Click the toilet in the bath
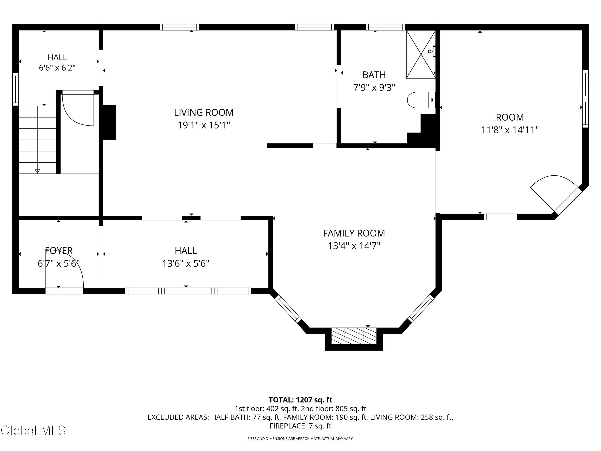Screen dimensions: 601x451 pyautogui.click(x=421, y=100)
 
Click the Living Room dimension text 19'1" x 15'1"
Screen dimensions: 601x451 pyautogui.click(x=204, y=125)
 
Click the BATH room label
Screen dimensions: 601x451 pyautogui.click(x=374, y=75)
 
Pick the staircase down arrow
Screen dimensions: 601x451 pyautogui.click(x=37, y=171)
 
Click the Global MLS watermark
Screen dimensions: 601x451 pyautogui.click(x=33, y=430)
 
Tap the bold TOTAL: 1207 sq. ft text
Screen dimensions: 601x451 pyautogui.click(x=300, y=400)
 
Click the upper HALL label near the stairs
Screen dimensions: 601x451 pyautogui.click(x=57, y=57)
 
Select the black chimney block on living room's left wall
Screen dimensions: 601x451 pyautogui.click(x=110, y=122)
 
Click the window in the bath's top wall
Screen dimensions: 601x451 pyautogui.click(x=385, y=27)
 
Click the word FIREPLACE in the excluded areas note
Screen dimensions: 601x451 pyautogui.click(x=288, y=426)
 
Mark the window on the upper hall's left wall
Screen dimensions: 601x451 pyautogui.click(x=15, y=89)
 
